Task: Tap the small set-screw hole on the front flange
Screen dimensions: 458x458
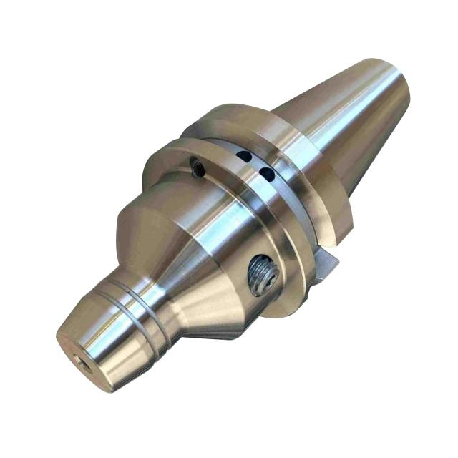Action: (x=197, y=168)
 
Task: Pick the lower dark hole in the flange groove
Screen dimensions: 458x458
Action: (x=266, y=173)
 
